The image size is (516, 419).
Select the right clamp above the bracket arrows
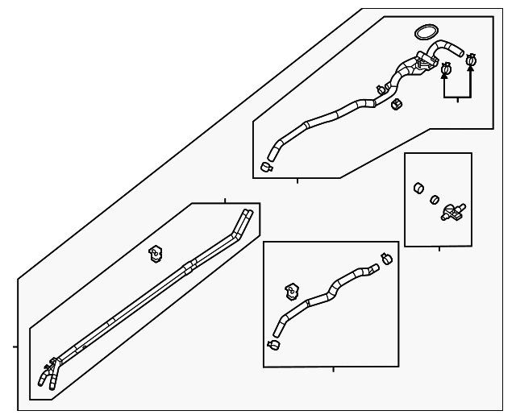coord(472,59)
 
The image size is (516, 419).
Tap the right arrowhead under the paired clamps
coord(472,69)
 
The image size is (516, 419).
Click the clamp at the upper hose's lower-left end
coord(267,167)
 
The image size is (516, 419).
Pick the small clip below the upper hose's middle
coord(396,104)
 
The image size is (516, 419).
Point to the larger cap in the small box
coord(419,189)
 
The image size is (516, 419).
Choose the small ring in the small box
coord(434,199)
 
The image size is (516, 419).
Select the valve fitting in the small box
coord(453,214)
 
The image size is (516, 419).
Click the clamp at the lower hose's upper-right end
coord(386,259)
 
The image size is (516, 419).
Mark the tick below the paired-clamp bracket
coord(458,100)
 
